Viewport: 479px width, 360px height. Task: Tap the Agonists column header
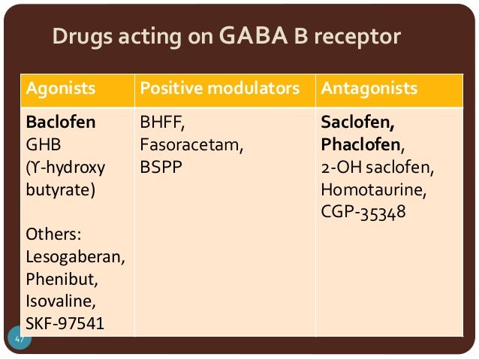click(61, 89)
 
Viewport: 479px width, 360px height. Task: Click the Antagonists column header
click(369, 89)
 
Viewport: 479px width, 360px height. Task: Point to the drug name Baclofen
click(61, 122)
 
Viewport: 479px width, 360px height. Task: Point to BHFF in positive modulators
click(158, 122)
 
